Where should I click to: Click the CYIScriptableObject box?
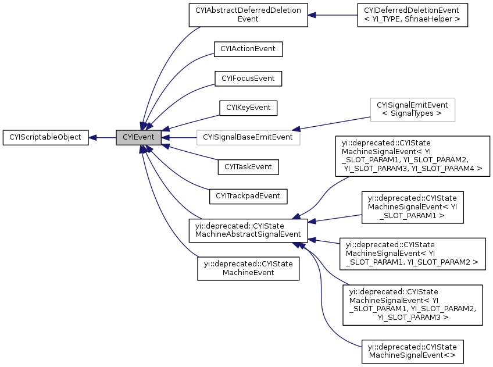[x=45, y=138]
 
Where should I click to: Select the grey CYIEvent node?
[x=138, y=138]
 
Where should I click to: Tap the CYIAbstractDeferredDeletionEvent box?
[x=248, y=15]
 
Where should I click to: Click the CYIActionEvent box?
[x=248, y=49]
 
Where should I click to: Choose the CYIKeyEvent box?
[x=248, y=108]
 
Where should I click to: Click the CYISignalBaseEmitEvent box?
[x=248, y=138]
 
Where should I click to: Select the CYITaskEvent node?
[x=248, y=167]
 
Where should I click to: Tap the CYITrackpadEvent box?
[x=248, y=197]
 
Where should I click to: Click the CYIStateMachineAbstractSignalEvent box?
[x=248, y=230]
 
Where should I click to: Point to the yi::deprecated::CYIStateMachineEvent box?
[x=248, y=268]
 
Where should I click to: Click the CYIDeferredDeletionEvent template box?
[x=412, y=15]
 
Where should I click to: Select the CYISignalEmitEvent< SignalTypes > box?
[x=412, y=109]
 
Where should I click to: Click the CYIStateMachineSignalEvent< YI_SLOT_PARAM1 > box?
[x=412, y=207]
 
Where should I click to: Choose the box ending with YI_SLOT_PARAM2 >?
[x=412, y=254]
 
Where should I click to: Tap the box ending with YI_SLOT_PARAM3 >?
[x=412, y=305]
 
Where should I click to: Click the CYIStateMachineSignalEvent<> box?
[x=412, y=351]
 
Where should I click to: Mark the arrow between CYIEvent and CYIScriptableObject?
[x=102, y=138]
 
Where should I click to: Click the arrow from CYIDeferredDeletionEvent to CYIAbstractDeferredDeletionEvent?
[x=332, y=15]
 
